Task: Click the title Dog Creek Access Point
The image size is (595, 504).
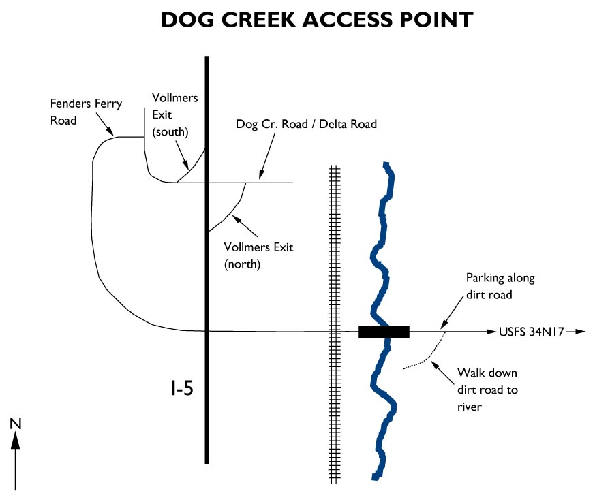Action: click(316, 20)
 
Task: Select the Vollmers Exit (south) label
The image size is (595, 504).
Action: click(175, 112)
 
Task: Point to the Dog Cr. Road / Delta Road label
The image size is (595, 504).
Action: click(306, 124)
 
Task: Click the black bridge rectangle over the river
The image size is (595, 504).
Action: click(384, 332)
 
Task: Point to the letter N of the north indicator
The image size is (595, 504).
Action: click(16, 424)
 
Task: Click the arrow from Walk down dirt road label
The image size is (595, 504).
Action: click(444, 371)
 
